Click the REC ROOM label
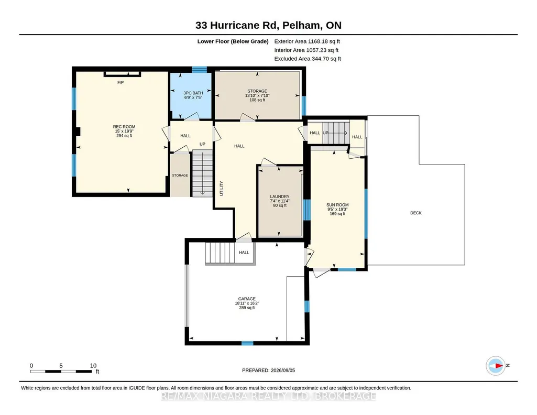point(124,127)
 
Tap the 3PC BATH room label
point(193,93)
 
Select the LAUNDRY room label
point(279,197)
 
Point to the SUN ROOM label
point(337,205)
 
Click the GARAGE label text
point(247,299)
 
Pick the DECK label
point(416,213)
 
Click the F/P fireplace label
point(120,82)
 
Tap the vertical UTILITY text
point(221,188)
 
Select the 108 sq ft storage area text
point(257,100)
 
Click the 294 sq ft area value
point(124,136)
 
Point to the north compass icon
point(496,366)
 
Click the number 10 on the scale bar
point(93,366)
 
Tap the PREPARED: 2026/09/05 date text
point(268,370)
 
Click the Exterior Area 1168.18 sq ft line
point(307,41)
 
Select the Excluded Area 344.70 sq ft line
point(308,59)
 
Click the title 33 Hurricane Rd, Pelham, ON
point(268,25)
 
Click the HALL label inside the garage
point(244,253)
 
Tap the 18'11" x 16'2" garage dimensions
point(247,303)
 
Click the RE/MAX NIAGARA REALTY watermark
point(268,396)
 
